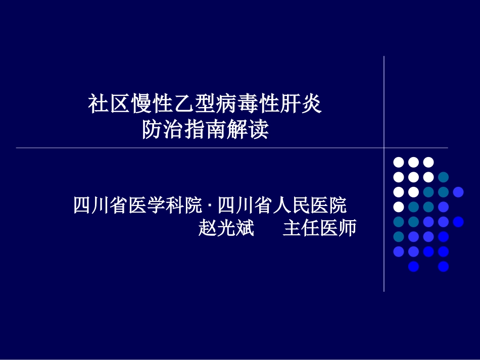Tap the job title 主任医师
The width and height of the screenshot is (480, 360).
pyautogui.click(x=319, y=228)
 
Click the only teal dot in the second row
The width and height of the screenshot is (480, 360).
pyautogui.click(x=444, y=177)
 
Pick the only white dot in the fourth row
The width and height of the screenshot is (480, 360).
pyautogui.click(x=399, y=207)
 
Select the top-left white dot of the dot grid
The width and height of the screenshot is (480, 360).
pyautogui.click(x=399, y=162)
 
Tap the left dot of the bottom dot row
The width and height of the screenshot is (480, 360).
pyautogui.click(x=413, y=266)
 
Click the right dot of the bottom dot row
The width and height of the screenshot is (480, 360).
pyautogui.click(x=444, y=266)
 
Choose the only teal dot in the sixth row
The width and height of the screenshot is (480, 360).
pyautogui.click(x=399, y=236)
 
